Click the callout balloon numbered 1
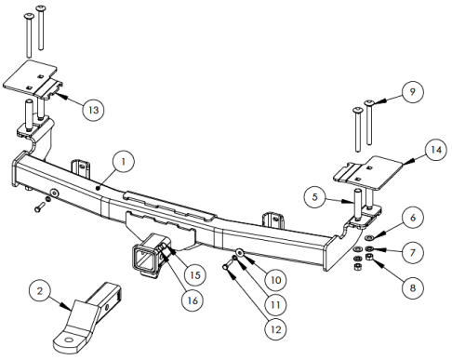124,162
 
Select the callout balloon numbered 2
40,291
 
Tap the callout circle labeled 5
315,197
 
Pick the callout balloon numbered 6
413,218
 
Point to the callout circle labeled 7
413,253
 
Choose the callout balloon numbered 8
413,288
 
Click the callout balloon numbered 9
412,92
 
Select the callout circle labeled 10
275,280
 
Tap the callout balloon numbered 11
275,305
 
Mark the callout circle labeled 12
275,329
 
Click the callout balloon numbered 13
93,110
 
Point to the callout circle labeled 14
436,150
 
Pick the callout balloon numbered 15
195,275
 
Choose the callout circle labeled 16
193,300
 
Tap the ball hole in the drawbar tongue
69,340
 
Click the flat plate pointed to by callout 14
368,172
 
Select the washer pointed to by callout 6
369,238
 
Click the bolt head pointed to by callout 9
369,102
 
